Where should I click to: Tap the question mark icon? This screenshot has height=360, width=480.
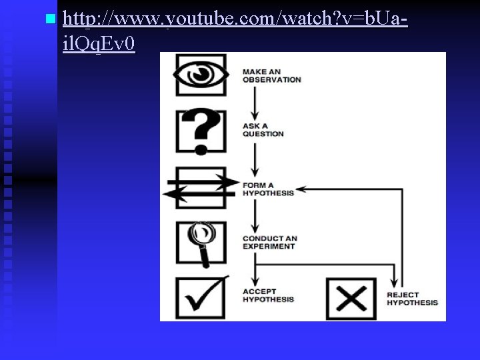click(201, 131)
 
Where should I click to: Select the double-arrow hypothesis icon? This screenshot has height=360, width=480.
click(201, 187)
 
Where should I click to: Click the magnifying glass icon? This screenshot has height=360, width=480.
click(201, 241)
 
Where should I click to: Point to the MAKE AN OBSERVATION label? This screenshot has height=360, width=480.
click(271, 75)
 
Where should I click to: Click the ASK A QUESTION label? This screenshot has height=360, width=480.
click(263, 129)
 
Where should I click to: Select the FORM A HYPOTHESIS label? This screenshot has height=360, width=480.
click(268, 189)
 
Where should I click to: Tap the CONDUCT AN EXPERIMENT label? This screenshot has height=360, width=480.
click(269, 242)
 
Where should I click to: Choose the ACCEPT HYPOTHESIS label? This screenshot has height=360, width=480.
click(268, 295)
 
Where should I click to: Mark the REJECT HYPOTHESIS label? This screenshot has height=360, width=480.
click(412, 299)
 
